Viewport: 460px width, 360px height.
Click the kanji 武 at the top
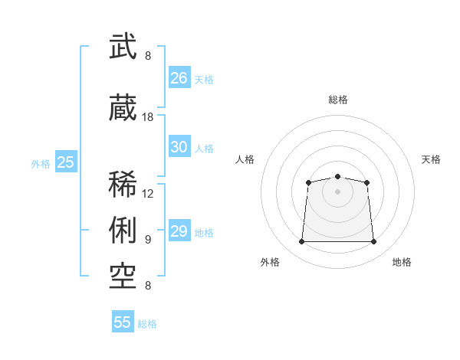(x=123, y=46)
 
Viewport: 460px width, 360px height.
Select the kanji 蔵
(x=123, y=107)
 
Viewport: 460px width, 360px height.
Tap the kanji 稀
(x=123, y=184)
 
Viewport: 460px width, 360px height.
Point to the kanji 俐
(x=123, y=230)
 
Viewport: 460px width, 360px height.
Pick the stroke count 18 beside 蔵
(x=147, y=117)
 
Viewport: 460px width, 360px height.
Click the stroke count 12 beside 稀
(x=147, y=194)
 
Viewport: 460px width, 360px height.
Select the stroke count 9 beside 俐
(x=148, y=240)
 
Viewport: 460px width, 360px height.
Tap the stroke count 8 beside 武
(x=148, y=55)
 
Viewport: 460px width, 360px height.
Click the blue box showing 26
(x=179, y=77)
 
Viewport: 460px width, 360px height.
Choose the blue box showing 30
(x=179, y=146)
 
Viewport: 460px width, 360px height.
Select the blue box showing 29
(x=179, y=230)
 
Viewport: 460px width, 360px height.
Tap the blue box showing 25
(x=66, y=161)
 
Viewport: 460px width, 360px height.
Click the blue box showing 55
(x=123, y=321)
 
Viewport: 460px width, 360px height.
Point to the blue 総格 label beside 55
(x=147, y=324)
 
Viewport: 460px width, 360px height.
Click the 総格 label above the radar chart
(x=338, y=100)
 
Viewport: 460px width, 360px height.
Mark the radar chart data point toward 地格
(x=373, y=241)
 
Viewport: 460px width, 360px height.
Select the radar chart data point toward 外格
(x=301, y=241)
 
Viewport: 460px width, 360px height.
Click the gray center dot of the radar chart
(x=337, y=191)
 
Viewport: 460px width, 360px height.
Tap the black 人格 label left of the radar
(x=245, y=159)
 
